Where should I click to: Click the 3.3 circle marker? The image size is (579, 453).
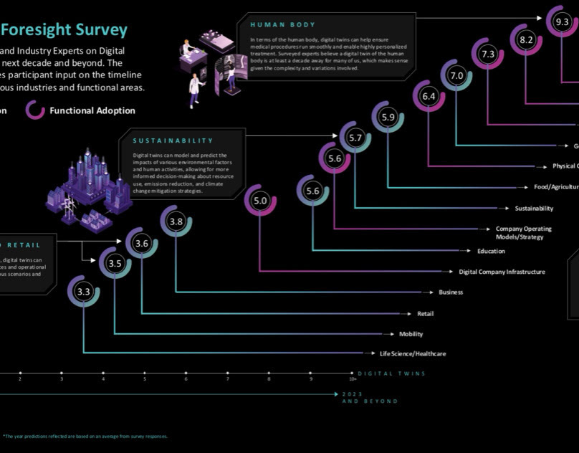(x=84, y=292)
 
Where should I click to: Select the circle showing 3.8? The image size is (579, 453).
(x=176, y=222)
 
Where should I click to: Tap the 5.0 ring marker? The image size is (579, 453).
(x=260, y=201)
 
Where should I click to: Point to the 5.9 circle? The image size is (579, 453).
(x=388, y=117)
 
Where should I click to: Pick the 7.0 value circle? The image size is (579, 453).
(x=456, y=75)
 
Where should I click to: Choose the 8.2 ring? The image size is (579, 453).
(x=527, y=39)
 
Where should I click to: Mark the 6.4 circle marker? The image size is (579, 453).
(x=429, y=96)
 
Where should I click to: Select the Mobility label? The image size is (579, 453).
(x=411, y=334)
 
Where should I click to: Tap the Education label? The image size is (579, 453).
(x=491, y=251)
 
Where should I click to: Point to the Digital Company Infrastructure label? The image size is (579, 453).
(x=502, y=272)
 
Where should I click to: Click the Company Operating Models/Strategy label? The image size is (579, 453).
(x=523, y=232)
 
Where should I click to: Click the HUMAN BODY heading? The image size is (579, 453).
(x=282, y=25)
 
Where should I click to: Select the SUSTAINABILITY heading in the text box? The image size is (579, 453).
(x=173, y=140)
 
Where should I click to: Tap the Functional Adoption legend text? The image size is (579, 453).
(x=92, y=110)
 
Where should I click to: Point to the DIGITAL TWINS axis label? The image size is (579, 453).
(x=391, y=373)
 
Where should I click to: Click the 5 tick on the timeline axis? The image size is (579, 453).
(x=144, y=373)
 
